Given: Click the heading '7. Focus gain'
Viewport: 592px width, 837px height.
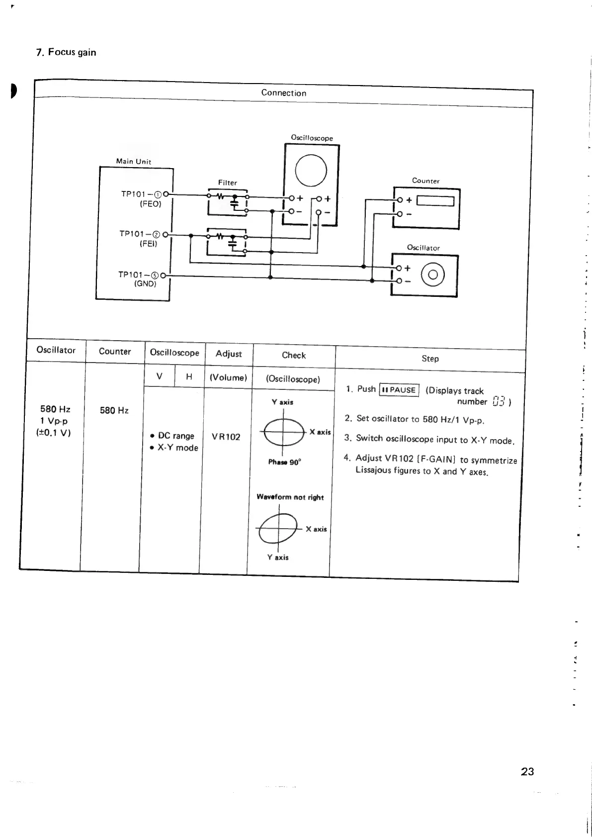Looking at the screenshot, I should pos(66,52).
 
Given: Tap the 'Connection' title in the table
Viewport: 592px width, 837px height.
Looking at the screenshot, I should pos(283,93).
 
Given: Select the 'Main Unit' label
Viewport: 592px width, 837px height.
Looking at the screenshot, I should pos(133,161).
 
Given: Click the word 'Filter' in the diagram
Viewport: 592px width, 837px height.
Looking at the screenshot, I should pos(228,183).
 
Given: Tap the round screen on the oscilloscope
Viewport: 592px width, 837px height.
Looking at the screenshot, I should pos(311,170).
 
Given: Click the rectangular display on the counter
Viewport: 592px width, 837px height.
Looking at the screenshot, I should pos(435,201).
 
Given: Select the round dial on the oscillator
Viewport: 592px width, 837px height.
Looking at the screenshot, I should pos(433,275).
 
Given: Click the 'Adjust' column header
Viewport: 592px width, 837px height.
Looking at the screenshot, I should pos(229,354).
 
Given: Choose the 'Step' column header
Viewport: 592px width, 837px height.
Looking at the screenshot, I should pos(430,359).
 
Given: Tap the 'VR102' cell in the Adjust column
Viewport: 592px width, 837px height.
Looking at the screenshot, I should pos(226,437).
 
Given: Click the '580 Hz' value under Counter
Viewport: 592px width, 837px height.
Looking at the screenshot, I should pos(114,410).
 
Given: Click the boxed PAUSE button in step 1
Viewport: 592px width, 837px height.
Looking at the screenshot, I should pos(399,390).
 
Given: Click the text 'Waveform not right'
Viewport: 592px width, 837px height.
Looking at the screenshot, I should pos(290,497).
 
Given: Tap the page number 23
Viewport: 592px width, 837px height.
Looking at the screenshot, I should pos(527,771).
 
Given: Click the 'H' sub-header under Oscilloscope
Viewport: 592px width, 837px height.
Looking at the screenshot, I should pos(189,377).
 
